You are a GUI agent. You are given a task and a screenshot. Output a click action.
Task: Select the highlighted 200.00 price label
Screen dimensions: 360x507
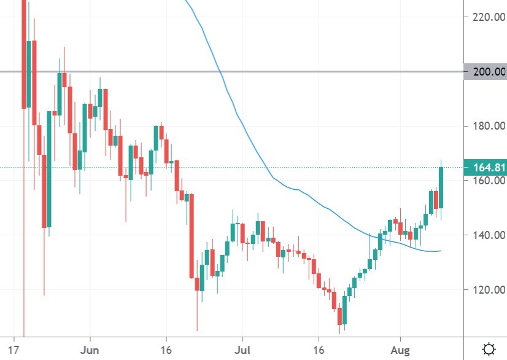click(x=486, y=72)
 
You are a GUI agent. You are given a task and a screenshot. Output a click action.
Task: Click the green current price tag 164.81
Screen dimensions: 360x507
click(x=486, y=167)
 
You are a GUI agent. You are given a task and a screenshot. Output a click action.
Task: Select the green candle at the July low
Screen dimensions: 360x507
click(x=344, y=310)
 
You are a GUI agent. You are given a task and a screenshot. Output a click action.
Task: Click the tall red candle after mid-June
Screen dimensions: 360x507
click(x=192, y=236)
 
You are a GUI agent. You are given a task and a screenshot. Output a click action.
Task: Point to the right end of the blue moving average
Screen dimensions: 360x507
click(x=440, y=250)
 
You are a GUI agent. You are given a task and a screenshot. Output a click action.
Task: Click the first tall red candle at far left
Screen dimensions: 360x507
click(x=25, y=55)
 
